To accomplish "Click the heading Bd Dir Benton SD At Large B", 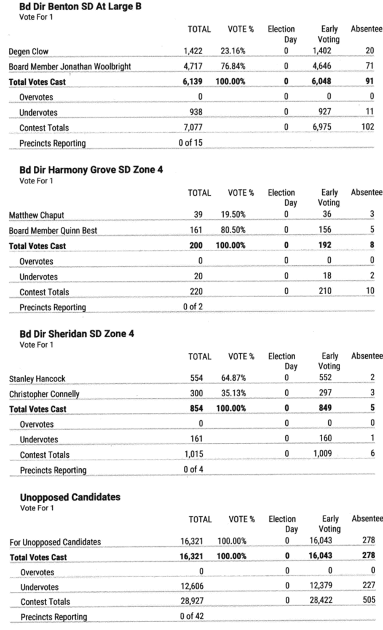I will click(x=76, y=7).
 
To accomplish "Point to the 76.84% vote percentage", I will click(x=233, y=66).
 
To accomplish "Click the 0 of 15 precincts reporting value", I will click(x=191, y=143).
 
